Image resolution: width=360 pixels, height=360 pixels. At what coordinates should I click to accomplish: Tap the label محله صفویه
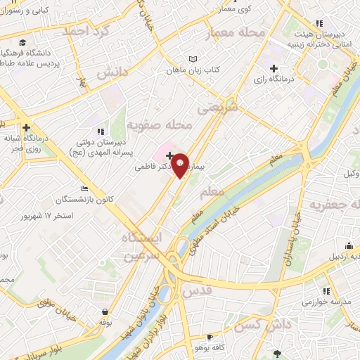coord(159,125)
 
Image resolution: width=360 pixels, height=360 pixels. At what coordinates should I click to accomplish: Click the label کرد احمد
coord(87,32)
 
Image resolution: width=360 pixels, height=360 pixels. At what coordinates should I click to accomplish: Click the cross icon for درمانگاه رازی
coord(274,69)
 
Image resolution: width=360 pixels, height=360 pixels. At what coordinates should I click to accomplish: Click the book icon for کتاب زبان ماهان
coord(192,59)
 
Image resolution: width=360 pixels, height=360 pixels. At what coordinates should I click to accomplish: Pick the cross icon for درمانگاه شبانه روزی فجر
coord(26,127)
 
